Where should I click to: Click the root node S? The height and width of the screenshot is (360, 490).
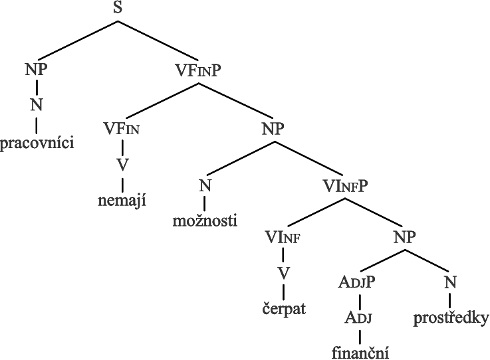(x=118, y=9)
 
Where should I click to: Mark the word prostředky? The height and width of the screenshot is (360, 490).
(x=451, y=319)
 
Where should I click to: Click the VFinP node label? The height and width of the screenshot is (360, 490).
(x=197, y=69)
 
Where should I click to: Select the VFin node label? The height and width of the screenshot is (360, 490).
(x=122, y=128)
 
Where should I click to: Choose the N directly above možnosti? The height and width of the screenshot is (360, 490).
(x=205, y=185)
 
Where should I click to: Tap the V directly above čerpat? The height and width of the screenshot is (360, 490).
(x=283, y=274)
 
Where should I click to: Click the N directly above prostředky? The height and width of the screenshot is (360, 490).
(x=451, y=282)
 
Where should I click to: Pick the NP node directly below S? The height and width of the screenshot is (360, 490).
(x=37, y=69)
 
